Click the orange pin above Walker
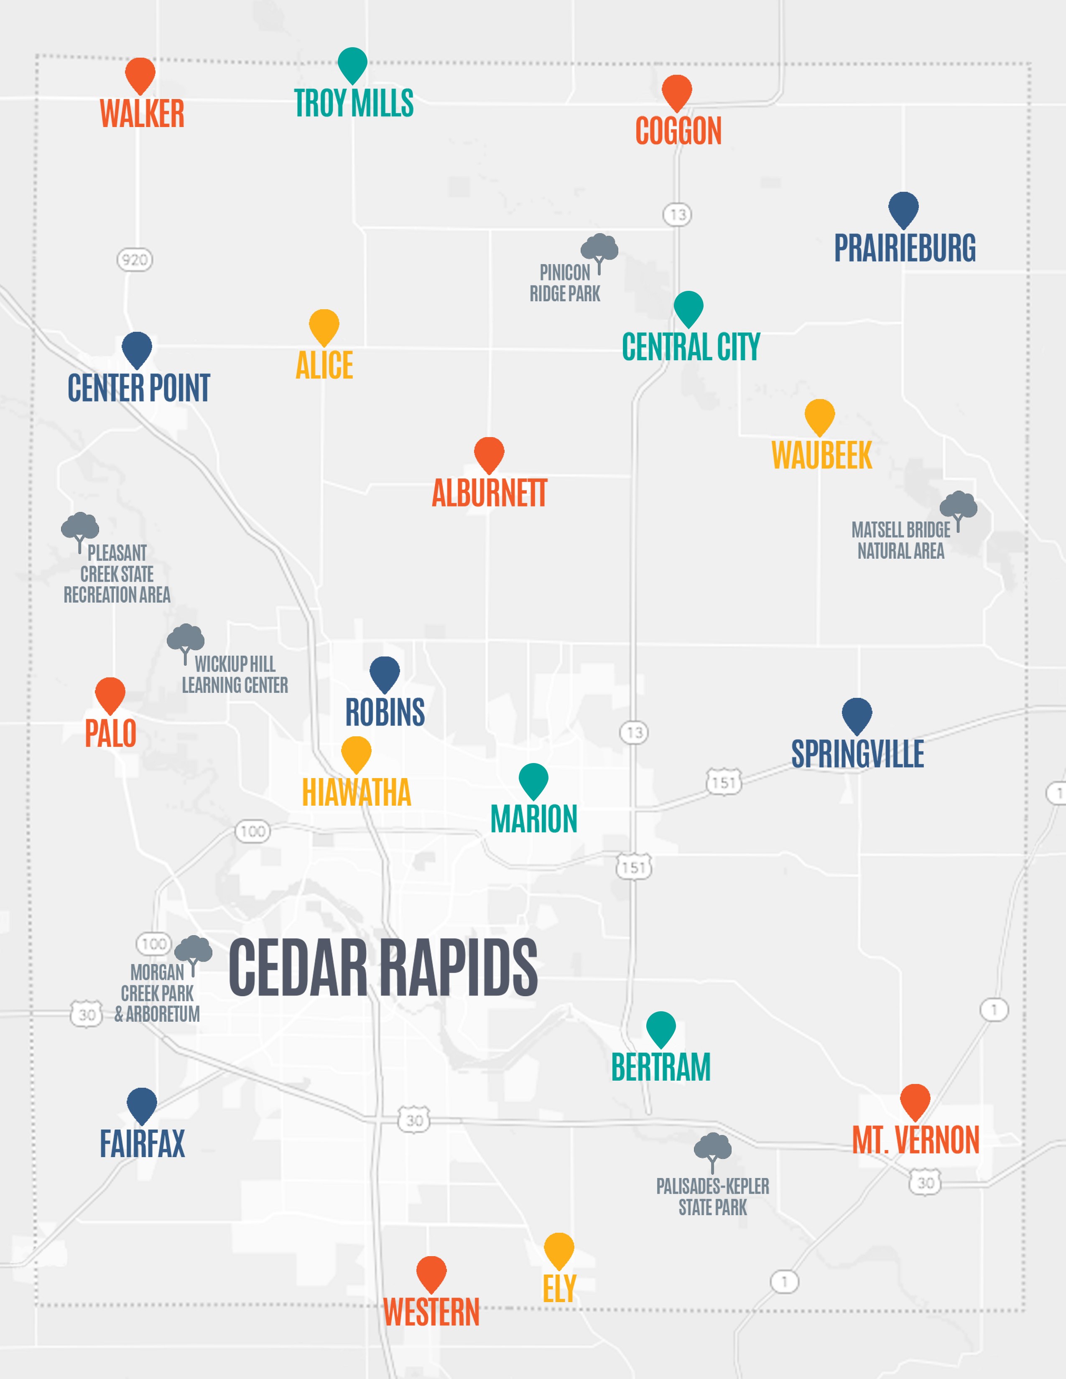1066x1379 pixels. tap(140, 74)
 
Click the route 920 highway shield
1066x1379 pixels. tap(135, 260)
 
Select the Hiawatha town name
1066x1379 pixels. tap(356, 792)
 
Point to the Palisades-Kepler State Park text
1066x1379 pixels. tap(712, 1196)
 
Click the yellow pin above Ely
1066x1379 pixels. tap(559, 1249)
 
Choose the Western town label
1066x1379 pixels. tap(431, 1312)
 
